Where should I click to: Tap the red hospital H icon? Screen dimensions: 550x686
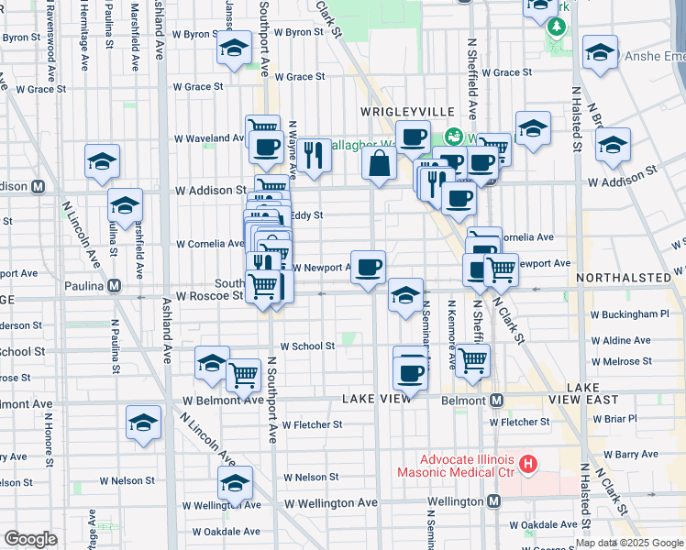click(x=526, y=464)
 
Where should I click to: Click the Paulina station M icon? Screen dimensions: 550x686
click(x=114, y=285)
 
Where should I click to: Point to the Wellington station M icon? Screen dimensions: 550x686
click(x=494, y=501)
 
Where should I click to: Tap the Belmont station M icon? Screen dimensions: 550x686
click(x=496, y=401)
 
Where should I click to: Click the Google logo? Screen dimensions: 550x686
click(x=30, y=539)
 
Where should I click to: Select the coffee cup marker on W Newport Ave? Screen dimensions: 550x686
click(x=368, y=267)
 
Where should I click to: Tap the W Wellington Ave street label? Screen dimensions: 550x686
click(x=330, y=503)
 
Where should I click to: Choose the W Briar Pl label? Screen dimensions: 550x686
click(x=614, y=419)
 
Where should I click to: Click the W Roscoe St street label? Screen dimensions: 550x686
click(x=210, y=296)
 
